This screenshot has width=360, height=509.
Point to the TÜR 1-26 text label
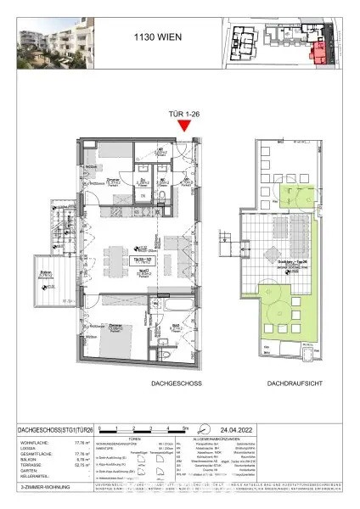coord(184,115)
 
